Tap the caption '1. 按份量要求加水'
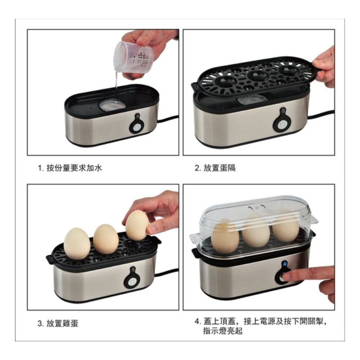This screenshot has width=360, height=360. coord(70,168)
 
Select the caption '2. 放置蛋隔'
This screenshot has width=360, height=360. coord(215,168)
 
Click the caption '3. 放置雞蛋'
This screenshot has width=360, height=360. coord(58,323)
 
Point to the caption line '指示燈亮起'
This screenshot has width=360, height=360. coord(223,331)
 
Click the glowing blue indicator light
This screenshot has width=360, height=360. coord(285,264)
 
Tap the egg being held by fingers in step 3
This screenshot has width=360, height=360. coord(137,226)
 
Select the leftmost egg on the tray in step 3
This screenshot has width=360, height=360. coord(76,243)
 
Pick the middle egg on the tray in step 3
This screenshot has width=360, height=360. coord(106,239)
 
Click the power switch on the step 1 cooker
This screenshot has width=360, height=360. coord(137,126)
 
